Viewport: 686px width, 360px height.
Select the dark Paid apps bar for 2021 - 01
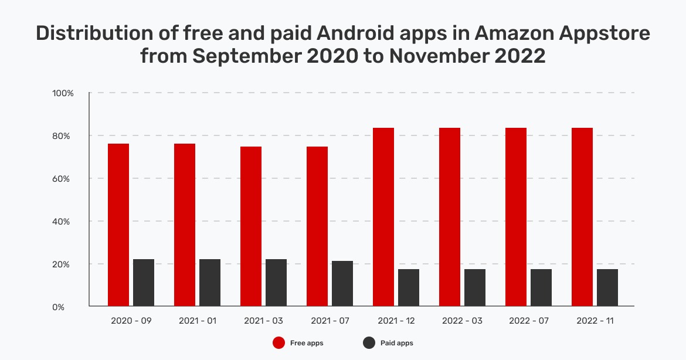pos(210,282)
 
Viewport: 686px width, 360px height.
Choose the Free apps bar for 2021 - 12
pos(383,217)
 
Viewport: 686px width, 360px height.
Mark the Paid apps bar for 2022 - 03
pos(475,287)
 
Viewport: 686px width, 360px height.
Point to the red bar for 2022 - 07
pos(516,217)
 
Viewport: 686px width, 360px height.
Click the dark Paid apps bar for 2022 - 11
pos(607,287)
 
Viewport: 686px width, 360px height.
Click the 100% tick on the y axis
pos(62,93)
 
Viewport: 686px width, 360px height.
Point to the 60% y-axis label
pos(63,179)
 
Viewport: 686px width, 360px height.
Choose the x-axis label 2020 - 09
pos(131,321)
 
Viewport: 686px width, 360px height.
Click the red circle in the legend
pos(279,342)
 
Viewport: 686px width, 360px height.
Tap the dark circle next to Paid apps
pos(369,342)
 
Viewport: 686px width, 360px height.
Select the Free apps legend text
pos(307,343)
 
